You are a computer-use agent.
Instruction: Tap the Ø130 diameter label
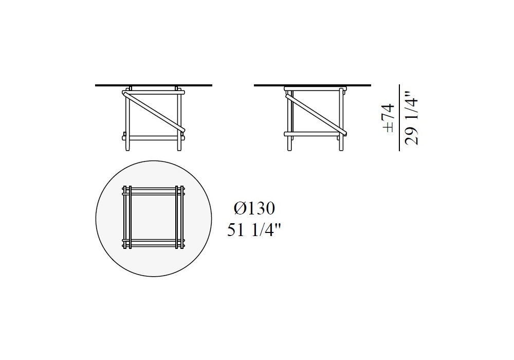coord(254,208)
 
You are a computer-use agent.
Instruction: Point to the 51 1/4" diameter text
coord(254,230)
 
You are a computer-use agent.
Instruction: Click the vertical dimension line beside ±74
coord(399,118)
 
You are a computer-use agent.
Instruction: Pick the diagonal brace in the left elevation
coord(154,112)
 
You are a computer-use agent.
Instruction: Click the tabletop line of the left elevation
coord(154,85)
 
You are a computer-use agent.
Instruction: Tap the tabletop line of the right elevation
coord(313,85)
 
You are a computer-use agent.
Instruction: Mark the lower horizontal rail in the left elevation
coord(154,138)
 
